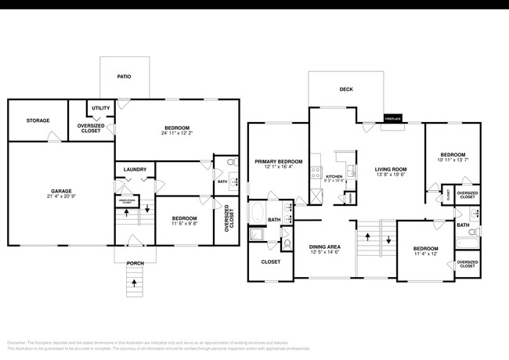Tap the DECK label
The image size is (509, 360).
[x=346, y=89]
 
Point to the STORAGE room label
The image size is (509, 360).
[x=38, y=121]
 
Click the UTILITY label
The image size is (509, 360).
[x=101, y=108]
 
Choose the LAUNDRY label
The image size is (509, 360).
[x=135, y=168]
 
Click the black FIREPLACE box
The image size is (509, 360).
[x=393, y=119]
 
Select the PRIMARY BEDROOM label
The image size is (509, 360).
[x=278, y=161]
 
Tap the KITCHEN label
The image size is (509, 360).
[x=334, y=177]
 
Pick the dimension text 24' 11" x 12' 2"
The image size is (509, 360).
[x=175, y=133]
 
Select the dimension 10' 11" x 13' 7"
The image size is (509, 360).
[x=453, y=160]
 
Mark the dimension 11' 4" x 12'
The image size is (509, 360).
[x=426, y=254]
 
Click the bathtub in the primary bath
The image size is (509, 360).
[x=258, y=213]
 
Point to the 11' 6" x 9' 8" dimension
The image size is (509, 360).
[x=184, y=224]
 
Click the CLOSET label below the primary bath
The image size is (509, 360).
[x=271, y=262]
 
